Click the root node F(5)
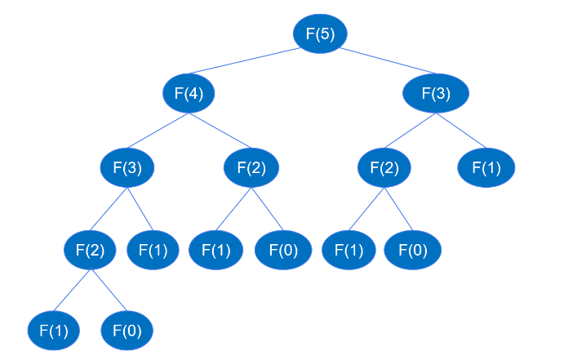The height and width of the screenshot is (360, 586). tap(320, 33)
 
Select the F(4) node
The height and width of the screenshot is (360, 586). tap(189, 93)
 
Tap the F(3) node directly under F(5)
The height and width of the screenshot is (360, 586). tap(436, 93)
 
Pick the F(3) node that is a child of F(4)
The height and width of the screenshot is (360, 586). tap(127, 168)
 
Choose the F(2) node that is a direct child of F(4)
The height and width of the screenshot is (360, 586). tap(251, 168)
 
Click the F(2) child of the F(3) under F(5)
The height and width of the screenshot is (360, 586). tap(384, 168)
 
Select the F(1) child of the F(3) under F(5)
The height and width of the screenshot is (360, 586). tap(486, 168)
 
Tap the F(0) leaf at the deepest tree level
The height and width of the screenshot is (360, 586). tap(127, 331)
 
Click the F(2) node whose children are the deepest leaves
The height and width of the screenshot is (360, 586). tap(91, 250)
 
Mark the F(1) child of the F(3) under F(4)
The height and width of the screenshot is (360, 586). tap(153, 250)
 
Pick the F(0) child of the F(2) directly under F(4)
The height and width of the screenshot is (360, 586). tap(283, 250)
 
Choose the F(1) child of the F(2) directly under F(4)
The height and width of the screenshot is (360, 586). tap(215, 250)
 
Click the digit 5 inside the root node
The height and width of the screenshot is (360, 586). tap(328, 33)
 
